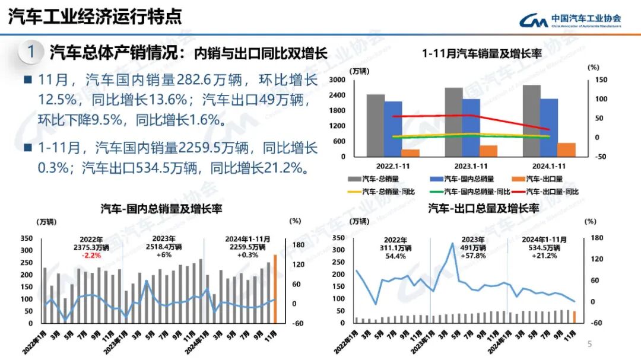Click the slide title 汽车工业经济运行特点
(x=95, y=17)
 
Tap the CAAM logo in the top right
(x=570, y=21)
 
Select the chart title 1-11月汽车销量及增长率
(x=482, y=53)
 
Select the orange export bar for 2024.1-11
(x=566, y=150)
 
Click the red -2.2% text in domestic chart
(x=92, y=256)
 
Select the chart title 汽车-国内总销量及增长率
(x=161, y=209)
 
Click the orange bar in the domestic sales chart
(x=275, y=290)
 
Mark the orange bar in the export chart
(x=574, y=317)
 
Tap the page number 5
(x=589, y=344)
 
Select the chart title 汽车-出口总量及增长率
(x=483, y=209)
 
